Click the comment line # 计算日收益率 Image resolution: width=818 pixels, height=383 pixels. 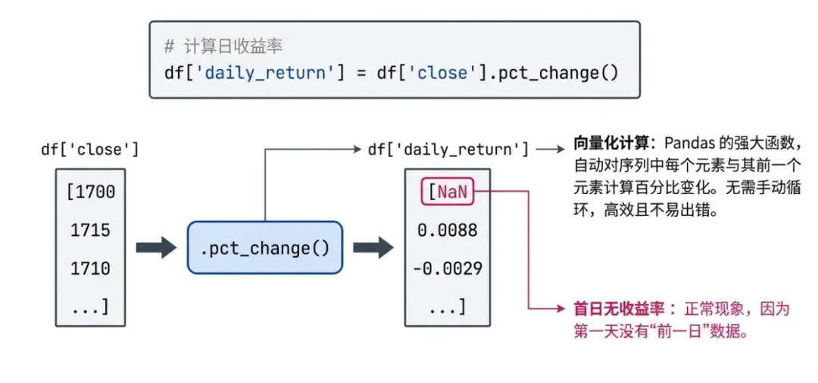coord(223,47)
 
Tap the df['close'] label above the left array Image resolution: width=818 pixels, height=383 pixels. coord(90,149)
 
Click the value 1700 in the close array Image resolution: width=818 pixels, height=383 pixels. coord(91,191)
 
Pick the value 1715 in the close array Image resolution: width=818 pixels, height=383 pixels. coord(91,230)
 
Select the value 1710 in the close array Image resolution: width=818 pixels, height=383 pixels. coord(91,268)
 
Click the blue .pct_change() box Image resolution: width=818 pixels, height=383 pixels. coord(265,248)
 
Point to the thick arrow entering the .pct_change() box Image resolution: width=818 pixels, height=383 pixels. coord(156,248)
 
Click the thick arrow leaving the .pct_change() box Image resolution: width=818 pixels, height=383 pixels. coord(373,248)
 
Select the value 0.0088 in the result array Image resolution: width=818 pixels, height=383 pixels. coord(448,230)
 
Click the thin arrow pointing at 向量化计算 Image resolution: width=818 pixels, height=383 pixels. coord(550,149)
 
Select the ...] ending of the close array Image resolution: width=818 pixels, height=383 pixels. coord(91,307)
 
